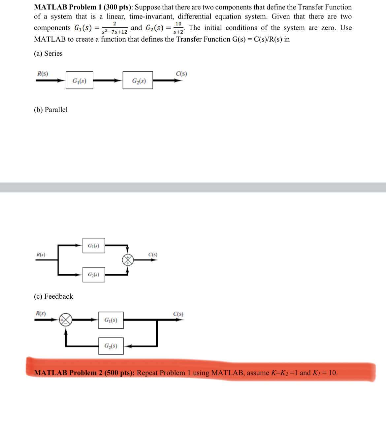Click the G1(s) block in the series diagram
79,80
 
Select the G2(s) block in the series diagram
138,80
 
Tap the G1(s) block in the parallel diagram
94,246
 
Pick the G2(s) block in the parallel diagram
94,275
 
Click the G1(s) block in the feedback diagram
111,320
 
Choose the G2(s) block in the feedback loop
111,346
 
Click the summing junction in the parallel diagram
128,260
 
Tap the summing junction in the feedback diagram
66,319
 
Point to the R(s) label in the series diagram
43,74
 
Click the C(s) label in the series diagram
181,74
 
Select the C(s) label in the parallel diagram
153,254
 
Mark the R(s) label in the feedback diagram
41,313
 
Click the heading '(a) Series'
48,53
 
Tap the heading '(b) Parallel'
51,110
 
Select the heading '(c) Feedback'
53,296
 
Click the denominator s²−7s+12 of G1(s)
114,32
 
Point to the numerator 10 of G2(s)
178,24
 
